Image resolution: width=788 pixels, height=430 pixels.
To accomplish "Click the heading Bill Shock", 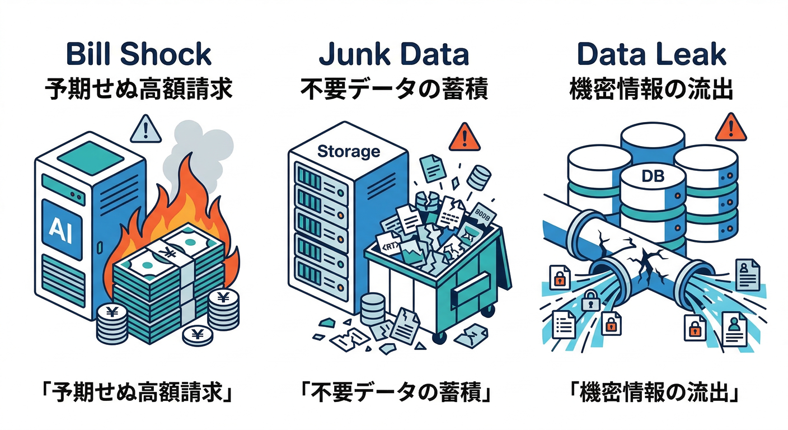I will [x=138, y=54].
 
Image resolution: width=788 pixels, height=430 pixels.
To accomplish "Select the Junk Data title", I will [x=393, y=54].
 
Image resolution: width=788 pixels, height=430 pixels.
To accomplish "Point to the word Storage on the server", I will [x=348, y=151].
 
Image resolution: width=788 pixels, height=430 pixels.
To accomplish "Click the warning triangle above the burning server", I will [x=146, y=130].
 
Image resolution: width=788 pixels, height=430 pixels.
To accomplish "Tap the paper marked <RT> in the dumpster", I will [x=389, y=246].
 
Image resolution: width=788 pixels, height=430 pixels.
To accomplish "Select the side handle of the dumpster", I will [x=469, y=291].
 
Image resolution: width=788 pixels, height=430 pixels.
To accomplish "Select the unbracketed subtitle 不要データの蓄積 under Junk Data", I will [x=393, y=90].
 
